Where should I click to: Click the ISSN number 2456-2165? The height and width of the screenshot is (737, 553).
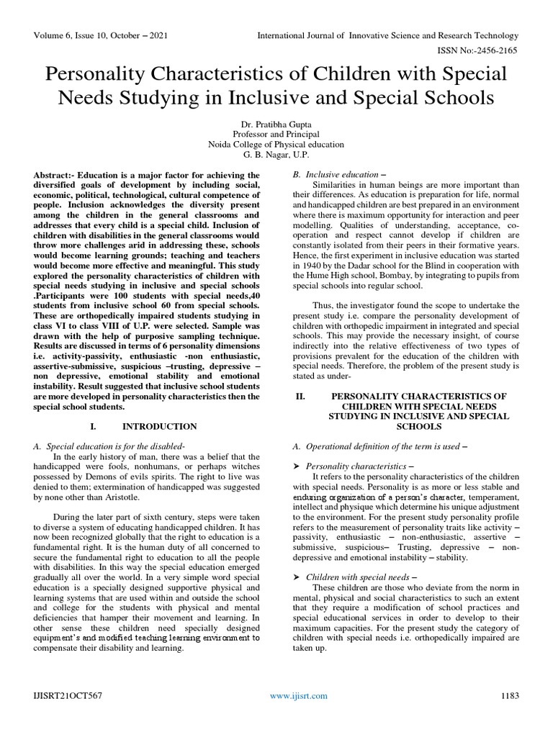pos(492,52)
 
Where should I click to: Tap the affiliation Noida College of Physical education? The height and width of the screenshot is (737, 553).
pos(276,144)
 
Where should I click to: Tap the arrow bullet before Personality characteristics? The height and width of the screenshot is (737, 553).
pos(297,466)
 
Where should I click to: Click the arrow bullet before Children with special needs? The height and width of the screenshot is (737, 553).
pos(297,577)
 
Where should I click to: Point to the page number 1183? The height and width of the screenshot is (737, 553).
pos(509,695)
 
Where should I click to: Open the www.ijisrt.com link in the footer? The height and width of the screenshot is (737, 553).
pos(298,695)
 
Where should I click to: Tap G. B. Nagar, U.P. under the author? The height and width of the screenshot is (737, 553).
pos(276,154)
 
